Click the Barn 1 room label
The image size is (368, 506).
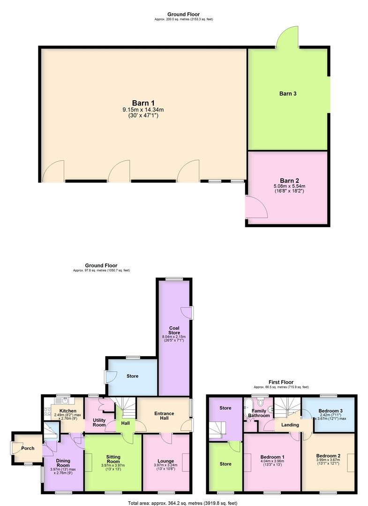(x=143, y=103)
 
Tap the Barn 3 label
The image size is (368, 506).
(x=288, y=94)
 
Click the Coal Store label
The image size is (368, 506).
(x=174, y=330)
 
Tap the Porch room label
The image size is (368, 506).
(x=28, y=448)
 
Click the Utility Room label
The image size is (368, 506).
(x=99, y=422)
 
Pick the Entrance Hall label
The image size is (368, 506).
(x=165, y=416)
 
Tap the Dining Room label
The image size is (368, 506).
(x=62, y=463)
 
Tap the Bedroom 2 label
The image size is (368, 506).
(x=328, y=455)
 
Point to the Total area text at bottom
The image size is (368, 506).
(x=183, y=503)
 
